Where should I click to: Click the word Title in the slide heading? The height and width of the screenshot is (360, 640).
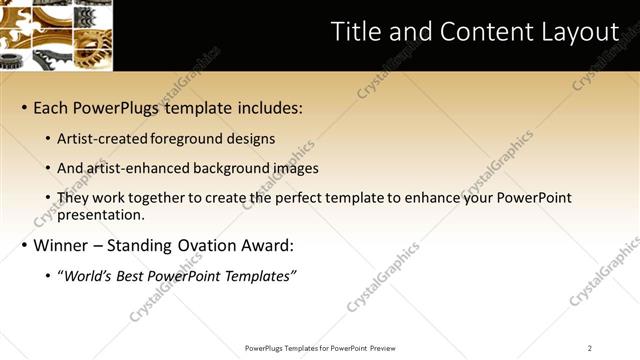click(355, 33)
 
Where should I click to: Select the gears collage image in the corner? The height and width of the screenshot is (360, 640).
click(56, 35)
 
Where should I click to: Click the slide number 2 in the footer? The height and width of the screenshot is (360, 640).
click(590, 348)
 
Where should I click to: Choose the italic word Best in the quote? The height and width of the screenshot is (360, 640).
click(138, 275)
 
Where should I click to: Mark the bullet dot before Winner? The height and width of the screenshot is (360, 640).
click(23, 245)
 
